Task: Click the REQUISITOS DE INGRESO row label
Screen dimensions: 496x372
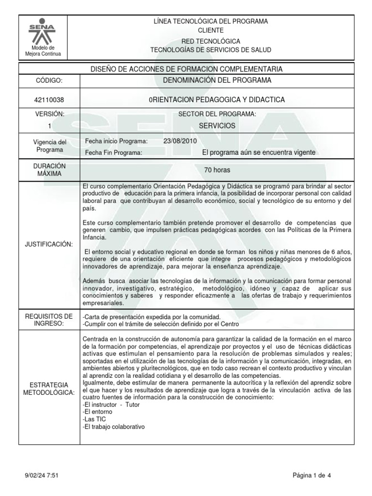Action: (49, 320)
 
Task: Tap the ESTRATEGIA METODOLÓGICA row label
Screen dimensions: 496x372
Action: (49, 388)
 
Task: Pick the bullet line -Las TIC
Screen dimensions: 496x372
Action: (94, 419)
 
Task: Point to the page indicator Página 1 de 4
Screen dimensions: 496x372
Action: (312, 475)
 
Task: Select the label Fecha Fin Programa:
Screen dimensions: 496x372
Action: (113, 153)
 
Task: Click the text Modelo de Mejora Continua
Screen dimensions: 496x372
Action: (43, 51)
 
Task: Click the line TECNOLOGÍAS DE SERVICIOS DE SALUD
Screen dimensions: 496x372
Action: (211, 50)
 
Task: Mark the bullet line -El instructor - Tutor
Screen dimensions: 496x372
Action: (108, 404)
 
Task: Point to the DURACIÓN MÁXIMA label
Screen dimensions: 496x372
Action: (49, 170)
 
